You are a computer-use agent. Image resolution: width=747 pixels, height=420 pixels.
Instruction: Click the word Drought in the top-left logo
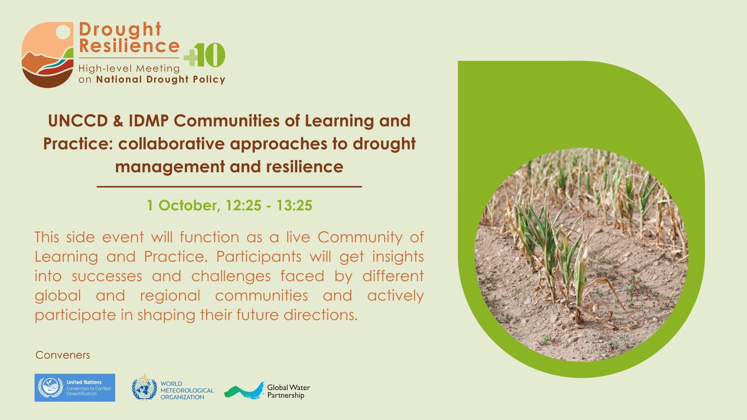(x=120, y=30)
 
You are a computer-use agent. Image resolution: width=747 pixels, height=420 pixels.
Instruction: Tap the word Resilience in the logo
(x=129, y=46)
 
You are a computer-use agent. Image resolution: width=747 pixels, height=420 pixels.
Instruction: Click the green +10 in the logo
(x=204, y=55)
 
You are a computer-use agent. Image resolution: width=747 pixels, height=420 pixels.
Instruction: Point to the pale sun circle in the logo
(x=63, y=32)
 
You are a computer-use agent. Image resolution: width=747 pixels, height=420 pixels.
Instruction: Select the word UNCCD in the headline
(x=78, y=121)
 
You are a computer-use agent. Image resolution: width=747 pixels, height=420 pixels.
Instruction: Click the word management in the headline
(x=170, y=167)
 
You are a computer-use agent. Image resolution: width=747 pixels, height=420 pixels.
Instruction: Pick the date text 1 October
(x=183, y=206)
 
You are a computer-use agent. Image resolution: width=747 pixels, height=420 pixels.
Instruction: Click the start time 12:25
(x=244, y=206)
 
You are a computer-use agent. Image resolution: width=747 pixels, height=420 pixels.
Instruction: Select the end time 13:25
(x=294, y=206)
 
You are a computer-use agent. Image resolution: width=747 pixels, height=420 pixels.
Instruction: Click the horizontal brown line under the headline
(x=229, y=187)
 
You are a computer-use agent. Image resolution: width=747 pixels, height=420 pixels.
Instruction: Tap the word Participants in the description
(x=259, y=257)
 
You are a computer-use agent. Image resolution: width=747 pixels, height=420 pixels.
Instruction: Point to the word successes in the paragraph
(x=107, y=276)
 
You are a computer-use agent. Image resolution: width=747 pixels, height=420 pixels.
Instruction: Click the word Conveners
(x=63, y=355)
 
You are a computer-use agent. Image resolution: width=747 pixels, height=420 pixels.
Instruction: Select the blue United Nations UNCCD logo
(x=75, y=388)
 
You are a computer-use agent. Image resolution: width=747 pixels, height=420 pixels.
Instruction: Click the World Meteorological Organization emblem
(x=144, y=387)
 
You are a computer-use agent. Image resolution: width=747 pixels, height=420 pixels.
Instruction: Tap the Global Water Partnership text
(x=288, y=391)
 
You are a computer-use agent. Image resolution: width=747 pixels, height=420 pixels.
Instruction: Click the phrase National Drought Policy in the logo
(x=161, y=79)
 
